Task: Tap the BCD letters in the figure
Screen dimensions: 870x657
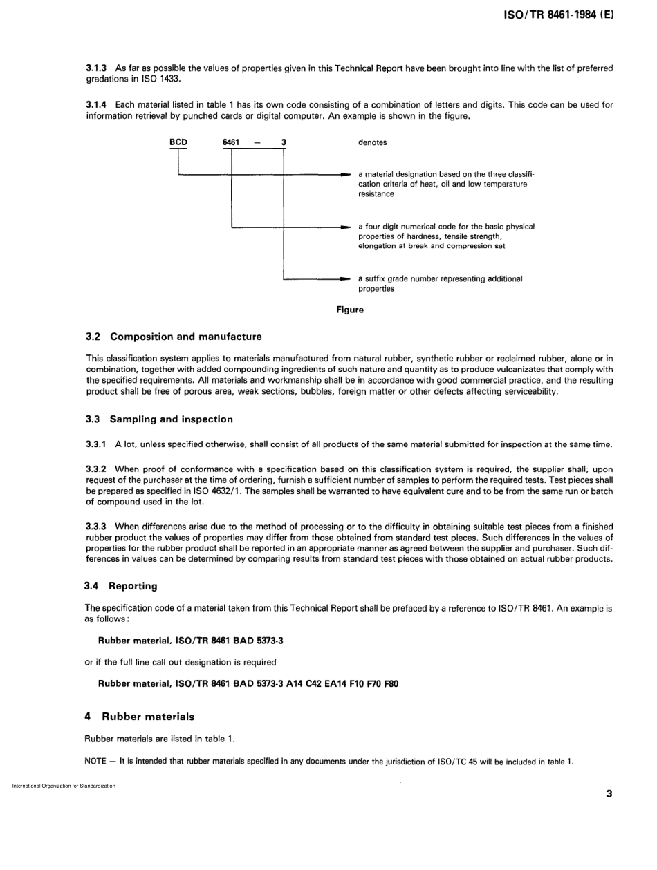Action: click(179, 142)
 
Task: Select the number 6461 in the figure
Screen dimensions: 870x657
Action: click(231, 142)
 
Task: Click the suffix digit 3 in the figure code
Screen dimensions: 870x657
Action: click(284, 142)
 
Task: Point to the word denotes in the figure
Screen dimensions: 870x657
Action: click(372, 142)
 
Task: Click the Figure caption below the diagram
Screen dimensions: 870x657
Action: click(349, 310)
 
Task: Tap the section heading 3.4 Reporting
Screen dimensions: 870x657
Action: click(121, 586)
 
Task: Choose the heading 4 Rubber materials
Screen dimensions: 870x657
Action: click(139, 717)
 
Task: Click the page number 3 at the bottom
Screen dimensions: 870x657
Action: click(609, 794)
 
